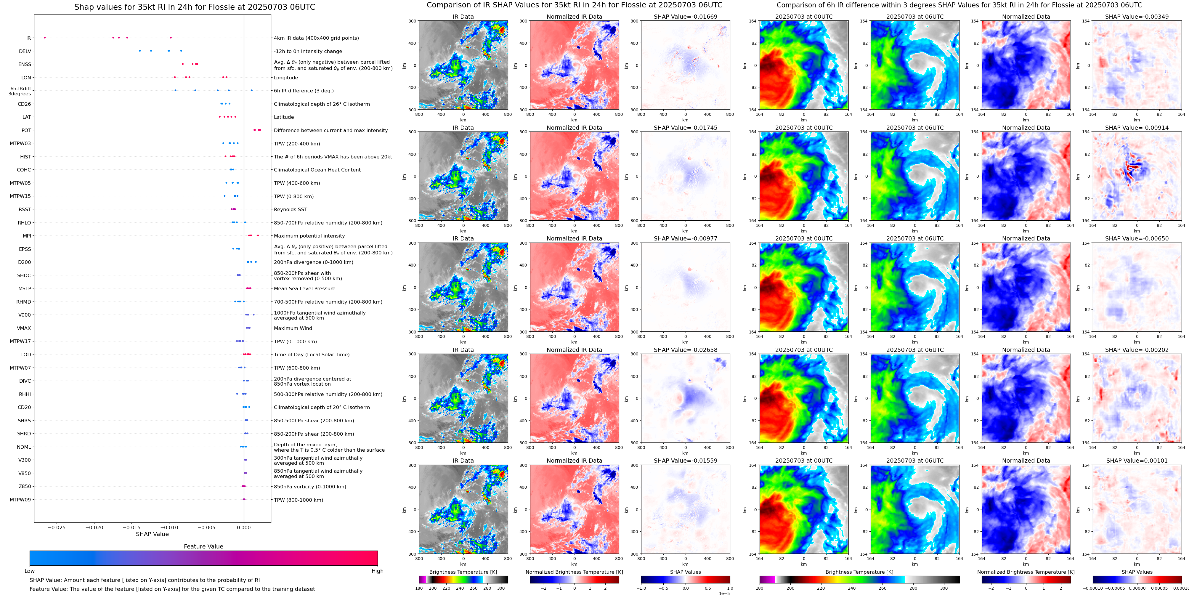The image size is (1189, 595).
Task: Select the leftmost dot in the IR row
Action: click(45, 37)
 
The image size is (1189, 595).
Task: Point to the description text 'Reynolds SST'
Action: click(290, 210)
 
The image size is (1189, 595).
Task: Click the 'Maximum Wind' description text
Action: click(293, 328)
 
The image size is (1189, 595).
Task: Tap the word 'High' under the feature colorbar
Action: click(377, 571)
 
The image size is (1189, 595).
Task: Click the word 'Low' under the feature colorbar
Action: click(30, 571)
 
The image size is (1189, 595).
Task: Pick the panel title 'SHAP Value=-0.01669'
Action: click(686, 17)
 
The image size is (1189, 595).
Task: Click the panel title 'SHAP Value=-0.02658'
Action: click(686, 350)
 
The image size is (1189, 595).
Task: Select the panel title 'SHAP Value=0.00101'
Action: click(1137, 461)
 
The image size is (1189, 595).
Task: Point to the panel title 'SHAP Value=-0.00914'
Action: click(1137, 128)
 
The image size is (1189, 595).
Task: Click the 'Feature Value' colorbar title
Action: click(203, 546)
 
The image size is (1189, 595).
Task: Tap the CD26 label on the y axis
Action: click(24, 104)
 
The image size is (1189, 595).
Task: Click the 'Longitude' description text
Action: click(286, 78)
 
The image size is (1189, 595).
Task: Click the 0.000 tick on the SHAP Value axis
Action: click(244, 527)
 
